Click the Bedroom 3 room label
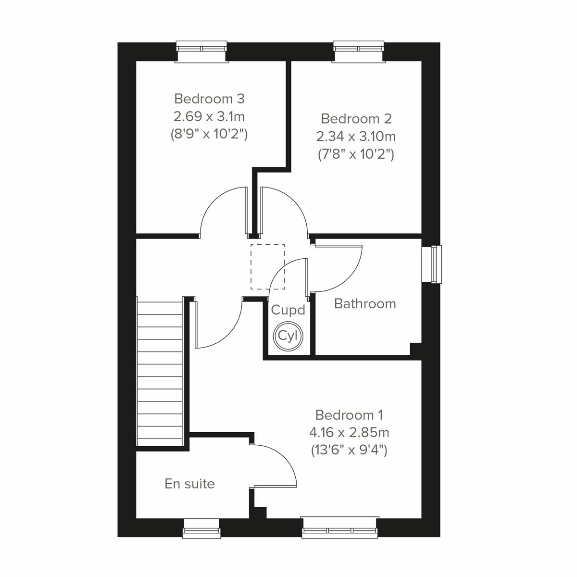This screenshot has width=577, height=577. coord(209,99)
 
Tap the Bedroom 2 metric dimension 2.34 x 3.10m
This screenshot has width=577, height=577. coord(356,137)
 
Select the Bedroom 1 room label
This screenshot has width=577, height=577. coord(349,414)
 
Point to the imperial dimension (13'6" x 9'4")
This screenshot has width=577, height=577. coord(349,450)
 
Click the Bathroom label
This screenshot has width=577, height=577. coord(365,304)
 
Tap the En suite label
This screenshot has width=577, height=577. coord(189,484)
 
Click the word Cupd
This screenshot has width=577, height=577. coord(288,310)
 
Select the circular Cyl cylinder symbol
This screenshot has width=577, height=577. coord(288,336)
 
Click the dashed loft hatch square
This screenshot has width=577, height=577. coord(267,267)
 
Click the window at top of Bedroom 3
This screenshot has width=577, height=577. coord(201,51)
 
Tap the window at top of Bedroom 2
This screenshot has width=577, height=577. coord(359,51)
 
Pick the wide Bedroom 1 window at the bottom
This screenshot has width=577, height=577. coord(340,527)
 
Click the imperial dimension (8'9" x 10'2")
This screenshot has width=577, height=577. coord(209,134)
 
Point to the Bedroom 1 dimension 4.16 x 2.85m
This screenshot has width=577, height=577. coord(349,432)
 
